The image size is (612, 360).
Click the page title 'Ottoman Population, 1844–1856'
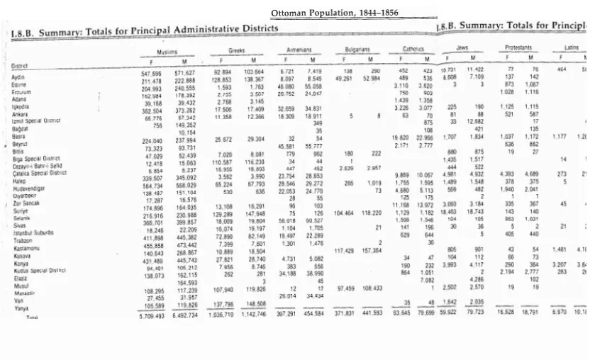(334, 13)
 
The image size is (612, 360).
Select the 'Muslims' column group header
(167, 52)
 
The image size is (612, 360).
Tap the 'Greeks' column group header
(236, 51)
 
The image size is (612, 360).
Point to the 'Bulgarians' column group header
(357, 50)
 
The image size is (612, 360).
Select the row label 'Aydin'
(19, 75)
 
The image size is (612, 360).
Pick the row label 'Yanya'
(21, 308)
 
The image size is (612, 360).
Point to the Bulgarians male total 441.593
(381, 313)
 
